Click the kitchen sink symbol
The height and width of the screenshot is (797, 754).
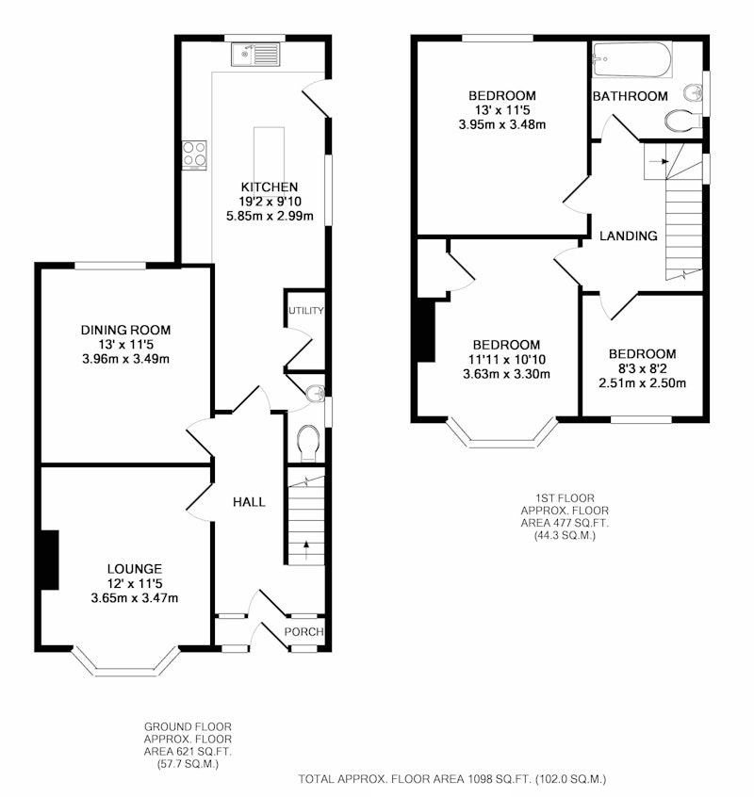click(255, 54)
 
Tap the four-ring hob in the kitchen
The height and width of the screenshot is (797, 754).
click(194, 155)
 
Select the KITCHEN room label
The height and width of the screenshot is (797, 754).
click(270, 187)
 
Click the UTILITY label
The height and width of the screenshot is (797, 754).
click(306, 311)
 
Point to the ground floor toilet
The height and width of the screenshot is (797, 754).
click(308, 443)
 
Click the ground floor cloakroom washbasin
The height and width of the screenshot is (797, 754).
click(317, 394)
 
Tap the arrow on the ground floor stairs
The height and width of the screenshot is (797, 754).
click(306, 550)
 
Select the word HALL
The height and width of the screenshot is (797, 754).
click(249, 502)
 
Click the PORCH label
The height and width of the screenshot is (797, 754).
click(304, 631)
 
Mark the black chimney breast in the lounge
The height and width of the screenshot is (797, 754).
click(50, 560)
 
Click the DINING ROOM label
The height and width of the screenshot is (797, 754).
click(125, 330)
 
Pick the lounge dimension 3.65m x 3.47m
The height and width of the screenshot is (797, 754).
click(135, 598)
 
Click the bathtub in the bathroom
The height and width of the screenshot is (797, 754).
click(632, 59)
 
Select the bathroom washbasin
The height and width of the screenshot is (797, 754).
click(694, 93)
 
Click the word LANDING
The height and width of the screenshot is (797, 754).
click(629, 236)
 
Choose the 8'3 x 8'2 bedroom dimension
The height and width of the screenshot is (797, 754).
click(642, 368)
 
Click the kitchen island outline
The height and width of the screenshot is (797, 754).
click(269, 155)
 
